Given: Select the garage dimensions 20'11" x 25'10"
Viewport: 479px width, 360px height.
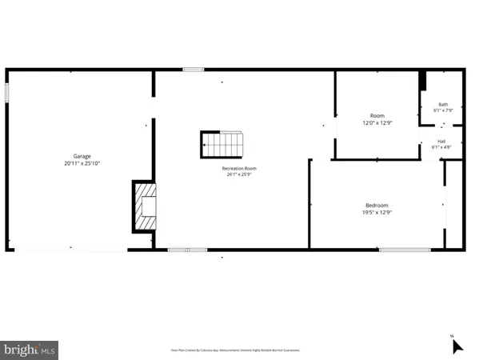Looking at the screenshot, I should (82, 163).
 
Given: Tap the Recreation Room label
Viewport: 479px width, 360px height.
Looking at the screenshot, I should (239, 168).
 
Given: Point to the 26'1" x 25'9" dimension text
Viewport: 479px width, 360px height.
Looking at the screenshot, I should (239, 175).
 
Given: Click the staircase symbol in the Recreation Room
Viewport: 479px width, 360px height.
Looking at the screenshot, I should (221, 146).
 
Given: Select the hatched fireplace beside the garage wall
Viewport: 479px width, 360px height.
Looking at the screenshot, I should (145, 206).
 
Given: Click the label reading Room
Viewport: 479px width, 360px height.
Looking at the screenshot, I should (377, 116).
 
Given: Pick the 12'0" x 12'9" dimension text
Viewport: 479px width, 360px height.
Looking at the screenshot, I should (377, 123).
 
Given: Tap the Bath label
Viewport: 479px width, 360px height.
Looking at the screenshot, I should (443, 104).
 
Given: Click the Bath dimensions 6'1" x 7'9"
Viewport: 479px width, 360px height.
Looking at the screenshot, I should (443, 110).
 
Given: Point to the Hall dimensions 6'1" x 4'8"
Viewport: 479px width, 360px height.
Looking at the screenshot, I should (441, 147).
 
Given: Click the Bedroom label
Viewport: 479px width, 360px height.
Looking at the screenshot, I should (377, 205).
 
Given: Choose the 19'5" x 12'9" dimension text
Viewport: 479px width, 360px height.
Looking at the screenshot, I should (377, 212).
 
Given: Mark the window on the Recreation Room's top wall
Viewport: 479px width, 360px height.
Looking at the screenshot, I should (193, 70).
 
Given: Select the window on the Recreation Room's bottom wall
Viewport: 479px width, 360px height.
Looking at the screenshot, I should (187, 250).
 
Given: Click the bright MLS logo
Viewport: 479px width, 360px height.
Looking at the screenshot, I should (30, 349).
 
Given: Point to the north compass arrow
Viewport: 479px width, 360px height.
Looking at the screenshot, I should (457, 346).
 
